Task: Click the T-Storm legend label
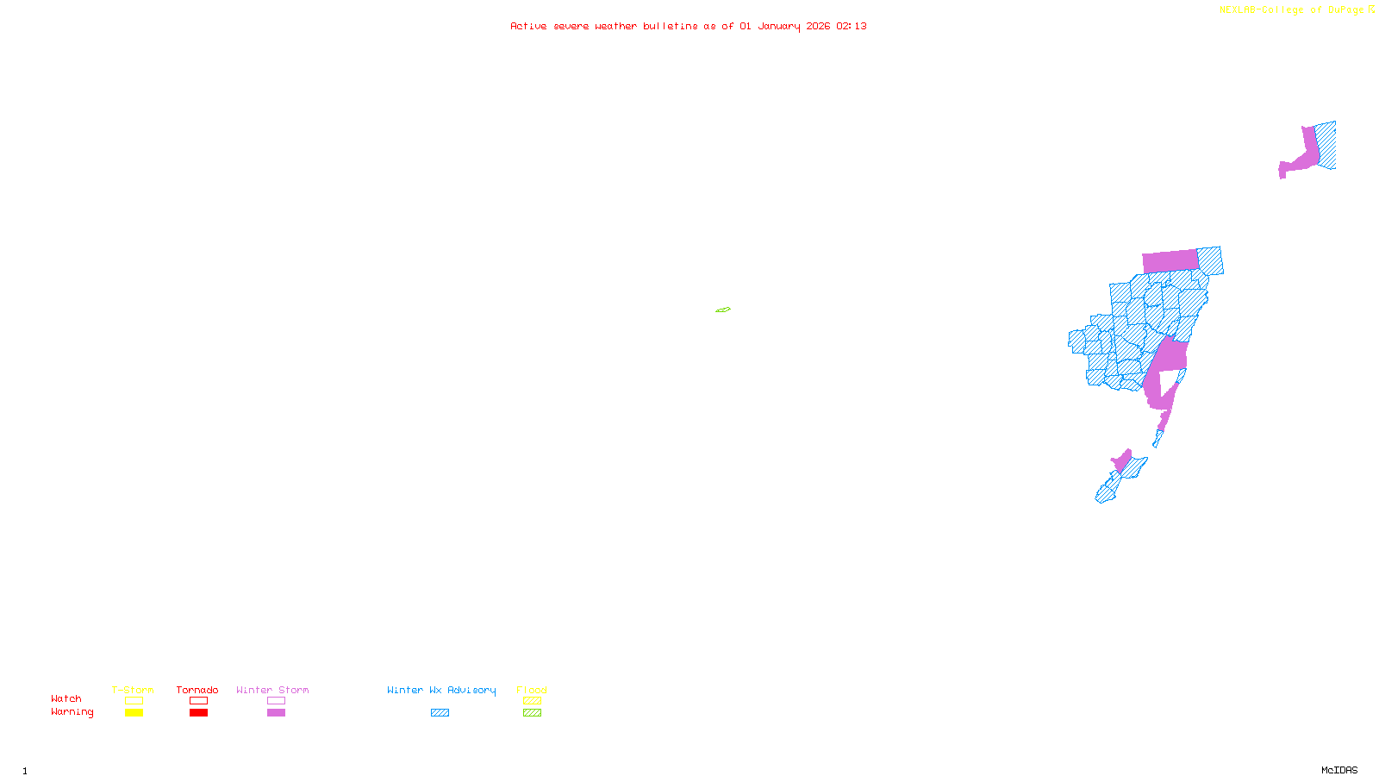[133, 690]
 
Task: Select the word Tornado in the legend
[197, 690]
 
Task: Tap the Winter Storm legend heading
[272, 690]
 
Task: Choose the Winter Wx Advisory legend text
[441, 690]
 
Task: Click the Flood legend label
[532, 690]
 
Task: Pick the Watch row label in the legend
[66, 698]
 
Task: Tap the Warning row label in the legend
[72, 712]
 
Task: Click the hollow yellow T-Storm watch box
[134, 701]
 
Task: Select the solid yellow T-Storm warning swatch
[134, 713]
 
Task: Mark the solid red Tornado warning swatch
[199, 713]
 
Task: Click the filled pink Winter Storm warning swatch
[276, 713]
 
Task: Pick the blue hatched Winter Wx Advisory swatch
[440, 713]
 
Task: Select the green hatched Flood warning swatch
[533, 713]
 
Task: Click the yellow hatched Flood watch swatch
[533, 701]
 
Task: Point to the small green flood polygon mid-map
[723, 310]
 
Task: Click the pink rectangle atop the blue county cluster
[1170, 261]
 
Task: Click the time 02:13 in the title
[852, 26]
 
